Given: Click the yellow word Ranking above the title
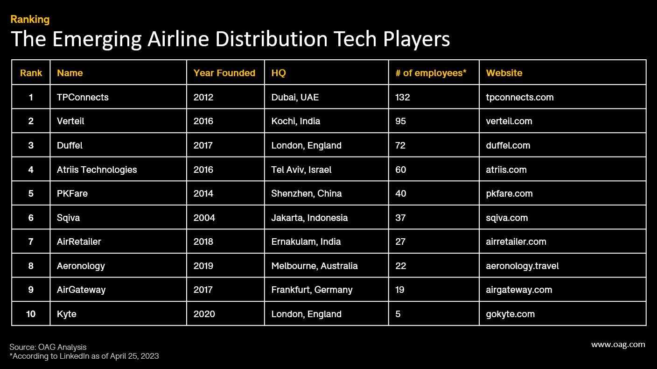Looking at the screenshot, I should coord(30,19).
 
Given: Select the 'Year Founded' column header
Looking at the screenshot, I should coord(224,73).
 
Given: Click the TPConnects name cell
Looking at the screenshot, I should coord(83,97).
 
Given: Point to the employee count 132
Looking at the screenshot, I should coord(402,97).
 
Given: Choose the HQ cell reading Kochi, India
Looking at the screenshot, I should coord(295,121).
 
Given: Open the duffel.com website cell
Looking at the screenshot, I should coord(508,145).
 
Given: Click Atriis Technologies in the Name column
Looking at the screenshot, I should coord(97,170).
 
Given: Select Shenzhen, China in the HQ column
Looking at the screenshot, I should coord(306,193).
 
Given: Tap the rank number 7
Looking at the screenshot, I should coord(31,241).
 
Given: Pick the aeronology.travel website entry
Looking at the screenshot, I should coord(522,266).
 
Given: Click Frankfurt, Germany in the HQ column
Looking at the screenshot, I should coord(312,290).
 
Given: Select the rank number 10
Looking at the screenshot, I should coord(31,314).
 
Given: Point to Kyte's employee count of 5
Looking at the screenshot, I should coord(398,314).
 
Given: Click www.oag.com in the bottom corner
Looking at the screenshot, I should coord(618,345).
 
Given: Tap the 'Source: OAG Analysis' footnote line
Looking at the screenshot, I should coord(48,347).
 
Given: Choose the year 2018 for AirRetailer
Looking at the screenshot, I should coord(203,241).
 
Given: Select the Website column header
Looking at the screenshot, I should coord(504,73).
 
